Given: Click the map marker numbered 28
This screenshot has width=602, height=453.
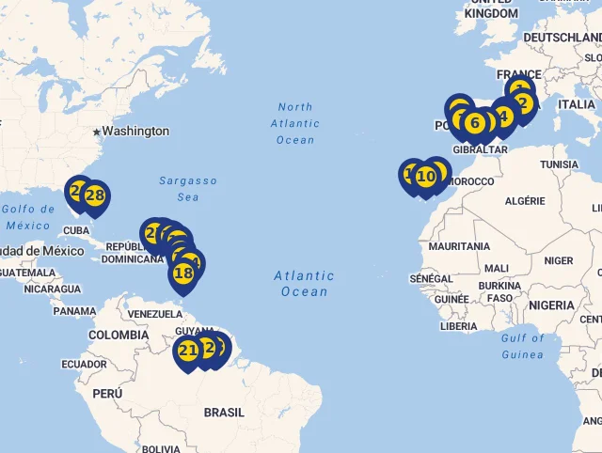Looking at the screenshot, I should tap(94, 195).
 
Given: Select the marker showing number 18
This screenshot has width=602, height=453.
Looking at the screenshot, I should tap(184, 273).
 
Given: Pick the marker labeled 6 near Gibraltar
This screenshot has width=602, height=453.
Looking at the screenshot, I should tap(475, 123).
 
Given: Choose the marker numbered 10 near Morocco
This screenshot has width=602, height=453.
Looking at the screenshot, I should tap(426, 176).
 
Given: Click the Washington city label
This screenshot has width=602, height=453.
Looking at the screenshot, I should tap(135, 131).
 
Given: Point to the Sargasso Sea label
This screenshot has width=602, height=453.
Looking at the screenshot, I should tap(188, 189).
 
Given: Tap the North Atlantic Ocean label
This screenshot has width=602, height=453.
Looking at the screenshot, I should tap(295, 123).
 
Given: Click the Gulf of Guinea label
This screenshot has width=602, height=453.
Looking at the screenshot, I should tap(523, 346).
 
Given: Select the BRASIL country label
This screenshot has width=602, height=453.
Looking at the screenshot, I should tap(224, 412).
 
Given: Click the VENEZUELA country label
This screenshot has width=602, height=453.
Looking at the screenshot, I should tap(154, 313).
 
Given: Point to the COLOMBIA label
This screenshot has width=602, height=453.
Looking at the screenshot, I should tap(119, 335).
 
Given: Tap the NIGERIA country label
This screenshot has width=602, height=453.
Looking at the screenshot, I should tap(551, 305).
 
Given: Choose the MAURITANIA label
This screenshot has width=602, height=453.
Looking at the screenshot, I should tap(459, 246).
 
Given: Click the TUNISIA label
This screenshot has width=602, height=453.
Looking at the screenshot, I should tap(560, 164).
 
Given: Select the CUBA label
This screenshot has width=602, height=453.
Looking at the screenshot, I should tap(76, 230).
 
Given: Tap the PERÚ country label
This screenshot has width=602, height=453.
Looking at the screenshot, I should tap(107, 394).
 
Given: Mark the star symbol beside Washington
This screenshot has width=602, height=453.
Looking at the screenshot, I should tap(96, 132).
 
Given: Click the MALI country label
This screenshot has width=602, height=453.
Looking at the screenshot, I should tap(497, 268).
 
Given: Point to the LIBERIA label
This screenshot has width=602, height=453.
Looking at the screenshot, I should tap(458, 326).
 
